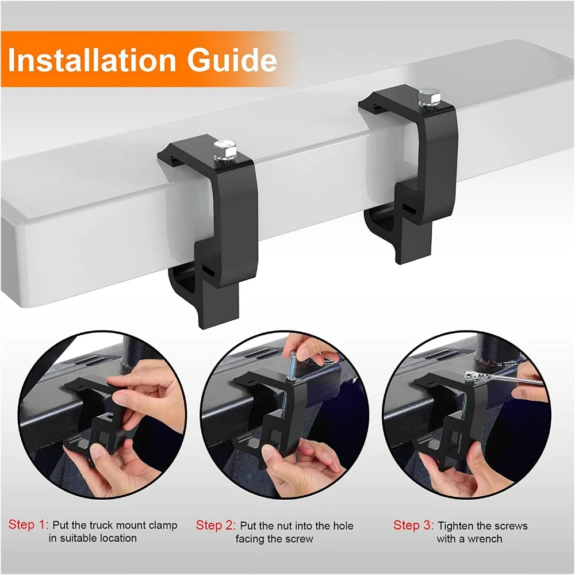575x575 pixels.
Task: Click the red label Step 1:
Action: (28, 525)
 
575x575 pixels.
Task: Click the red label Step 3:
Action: (413, 526)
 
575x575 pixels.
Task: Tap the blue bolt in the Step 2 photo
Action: (293, 368)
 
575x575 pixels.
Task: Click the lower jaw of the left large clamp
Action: (193, 287)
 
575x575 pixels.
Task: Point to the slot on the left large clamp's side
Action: (209, 269)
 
